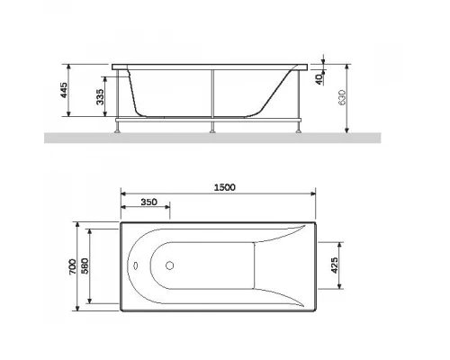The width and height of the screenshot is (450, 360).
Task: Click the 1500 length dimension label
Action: point(225,187)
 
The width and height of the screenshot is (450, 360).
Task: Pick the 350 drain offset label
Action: point(148,202)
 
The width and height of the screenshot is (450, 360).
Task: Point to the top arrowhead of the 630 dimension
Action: point(346,66)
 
